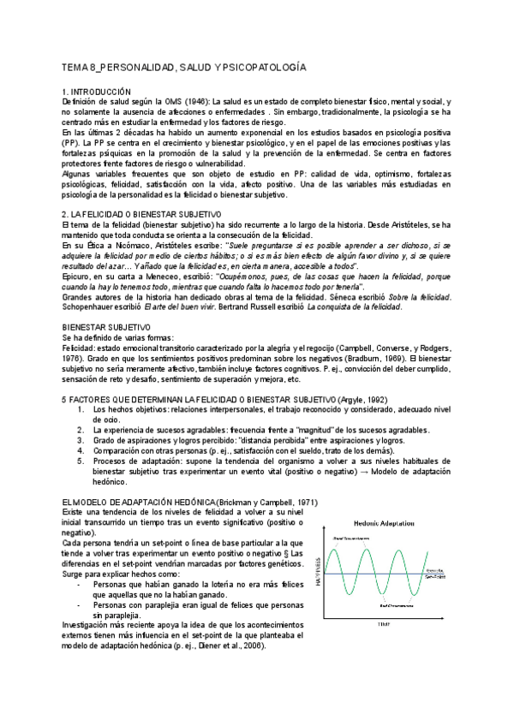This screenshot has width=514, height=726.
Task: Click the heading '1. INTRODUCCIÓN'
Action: pyautogui.click(x=96, y=91)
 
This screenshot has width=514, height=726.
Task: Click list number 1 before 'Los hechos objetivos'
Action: pyautogui.click(x=80, y=410)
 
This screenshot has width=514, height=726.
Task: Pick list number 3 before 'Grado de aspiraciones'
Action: pyautogui.click(x=80, y=439)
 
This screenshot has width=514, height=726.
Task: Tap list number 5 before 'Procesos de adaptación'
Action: pyautogui.click(x=80, y=460)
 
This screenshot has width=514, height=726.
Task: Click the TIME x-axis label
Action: pyautogui.click(x=385, y=626)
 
